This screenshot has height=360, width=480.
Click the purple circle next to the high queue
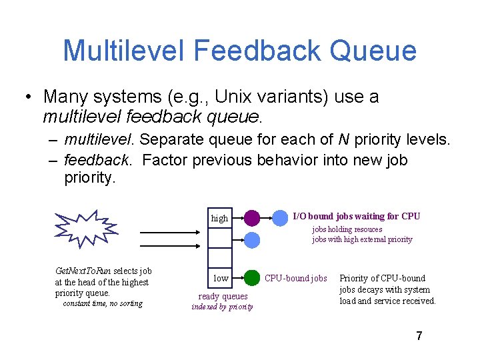tap(251, 217)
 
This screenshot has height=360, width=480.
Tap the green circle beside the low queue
tap(251, 277)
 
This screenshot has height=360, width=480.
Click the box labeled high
tap(219, 218)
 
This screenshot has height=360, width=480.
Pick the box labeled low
tap(220, 278)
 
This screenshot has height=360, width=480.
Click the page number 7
tap(419, 336)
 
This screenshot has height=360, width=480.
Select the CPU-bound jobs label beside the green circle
tap(296, 278)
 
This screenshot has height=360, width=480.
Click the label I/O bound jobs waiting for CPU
tap(357, 216)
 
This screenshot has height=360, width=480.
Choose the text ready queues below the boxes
tap(223, 296)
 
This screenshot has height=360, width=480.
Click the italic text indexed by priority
tap(222, 307)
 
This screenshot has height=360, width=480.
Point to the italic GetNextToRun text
tap(83, 271)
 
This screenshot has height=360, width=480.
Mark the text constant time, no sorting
tap(102, 303)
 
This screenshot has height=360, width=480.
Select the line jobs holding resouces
tap(347, 229)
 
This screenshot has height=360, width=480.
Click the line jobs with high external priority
tap(362, 239)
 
